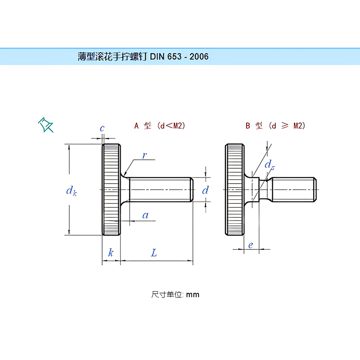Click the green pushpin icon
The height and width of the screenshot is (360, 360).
point(45,125)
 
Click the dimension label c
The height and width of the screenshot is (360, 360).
point(102,129)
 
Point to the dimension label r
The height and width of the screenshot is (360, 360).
point(144,156)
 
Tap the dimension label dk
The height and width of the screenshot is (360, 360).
point(71,191)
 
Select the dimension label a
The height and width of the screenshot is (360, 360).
point(145,216)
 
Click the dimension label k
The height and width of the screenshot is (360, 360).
point(111,253)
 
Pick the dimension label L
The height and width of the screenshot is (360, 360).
point(154,253)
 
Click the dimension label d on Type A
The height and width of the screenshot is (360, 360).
point(205,190)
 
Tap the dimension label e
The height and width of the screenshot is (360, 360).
point(251,245)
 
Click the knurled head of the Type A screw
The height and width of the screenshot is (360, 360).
point(111,189)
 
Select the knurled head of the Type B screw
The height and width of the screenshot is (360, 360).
point(234,189)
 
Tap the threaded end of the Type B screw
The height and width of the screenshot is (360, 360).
point(295,189)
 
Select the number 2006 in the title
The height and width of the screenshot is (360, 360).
point(198,57)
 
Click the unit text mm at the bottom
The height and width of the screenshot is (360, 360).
point(193,295)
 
